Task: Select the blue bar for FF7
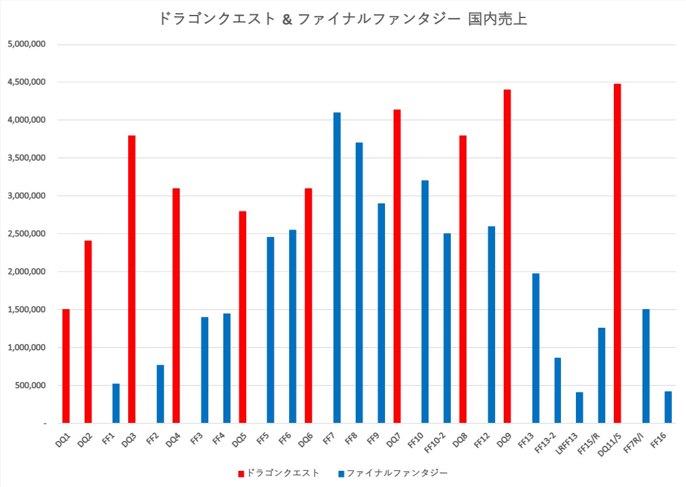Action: click(x=337, y=267)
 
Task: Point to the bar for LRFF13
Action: click(x=580, y=407)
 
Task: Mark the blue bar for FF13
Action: click(x=535, y=348)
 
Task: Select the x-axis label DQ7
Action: click(x=393, y=441)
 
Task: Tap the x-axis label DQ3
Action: click(x=128, y=441)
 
